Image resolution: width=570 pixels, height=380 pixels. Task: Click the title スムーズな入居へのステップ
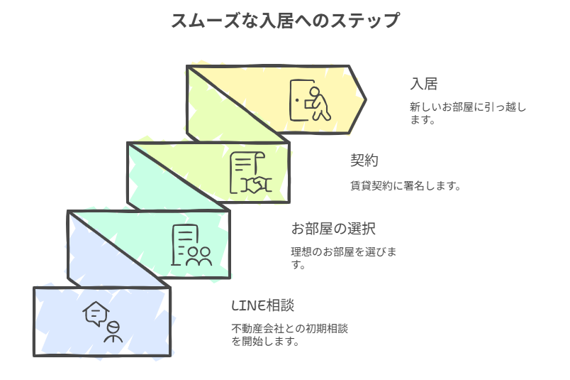coord(286,21)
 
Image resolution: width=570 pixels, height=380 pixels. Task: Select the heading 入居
coord(423,84)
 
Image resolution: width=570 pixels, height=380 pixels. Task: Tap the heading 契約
coord(364,161)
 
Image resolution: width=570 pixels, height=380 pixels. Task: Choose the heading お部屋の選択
coord(333,229)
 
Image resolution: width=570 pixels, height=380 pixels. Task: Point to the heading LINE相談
coord(263,305)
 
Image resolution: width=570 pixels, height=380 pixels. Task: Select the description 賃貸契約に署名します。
coord(406,186)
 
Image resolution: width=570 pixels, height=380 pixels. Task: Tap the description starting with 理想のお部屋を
coord(344,258)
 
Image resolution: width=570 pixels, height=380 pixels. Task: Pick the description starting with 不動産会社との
coord(290,335)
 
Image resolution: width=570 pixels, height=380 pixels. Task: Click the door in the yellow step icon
coord(301,100)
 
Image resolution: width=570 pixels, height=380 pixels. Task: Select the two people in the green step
coord(199,256)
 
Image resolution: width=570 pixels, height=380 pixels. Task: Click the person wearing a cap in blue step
coord(113,332)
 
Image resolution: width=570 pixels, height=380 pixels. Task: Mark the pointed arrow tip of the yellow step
coord(366,99)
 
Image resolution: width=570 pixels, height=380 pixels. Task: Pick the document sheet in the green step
coord(184,244)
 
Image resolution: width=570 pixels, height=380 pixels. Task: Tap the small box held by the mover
coord(309,104)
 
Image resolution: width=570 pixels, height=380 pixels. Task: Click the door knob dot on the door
coord(297,100)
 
